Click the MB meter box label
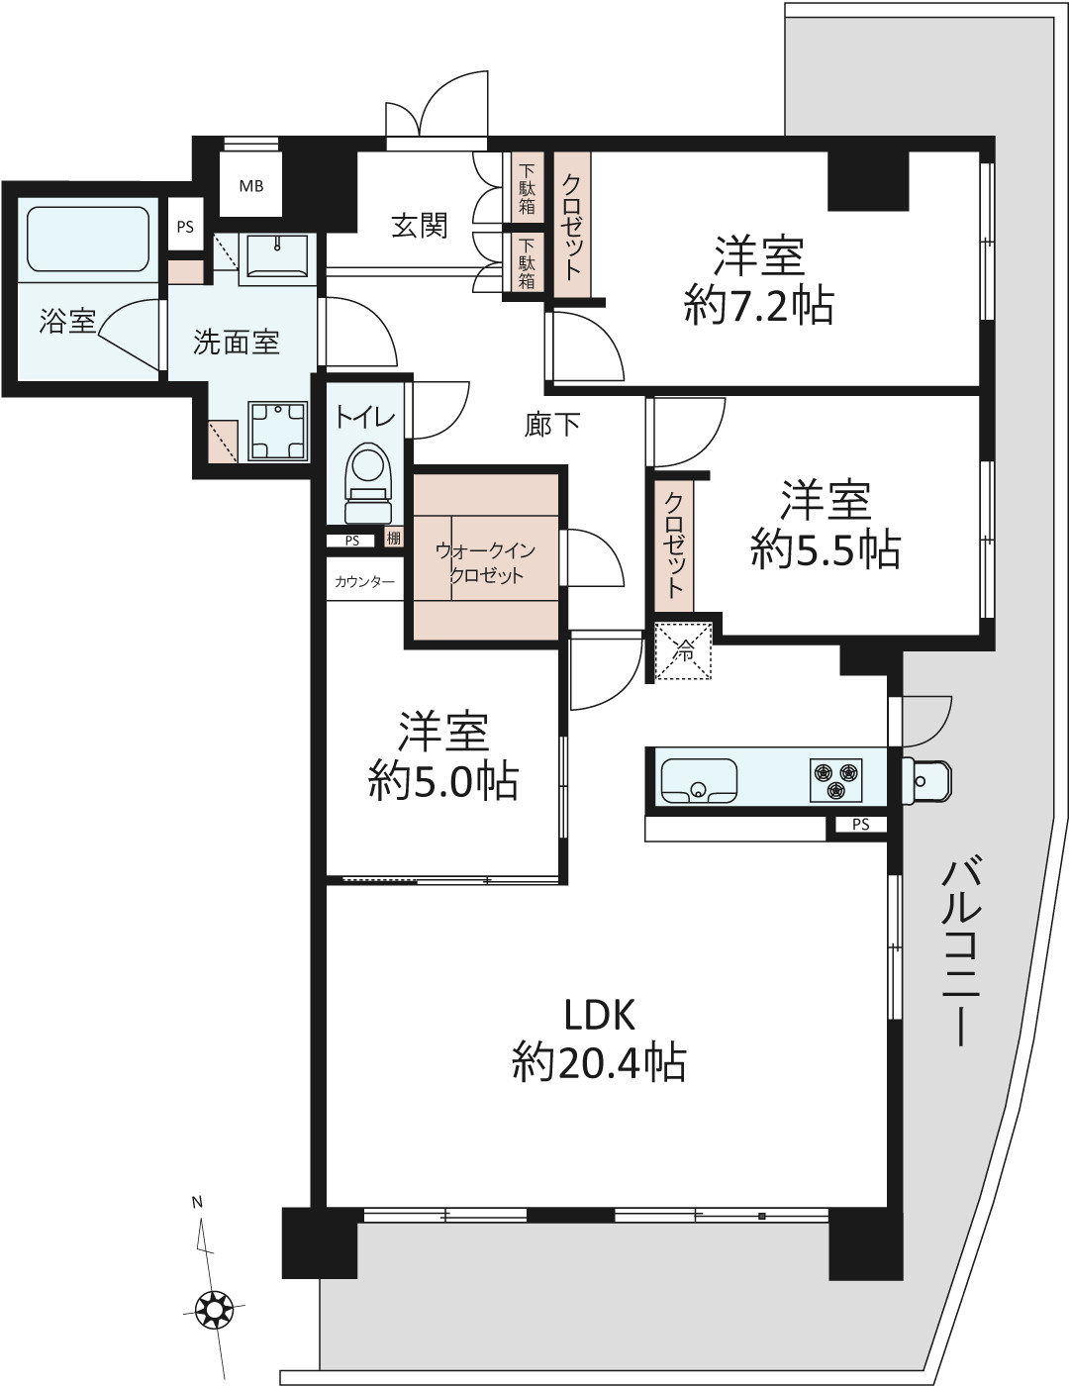tap(250, 186)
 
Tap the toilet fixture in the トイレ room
tap(367, 484)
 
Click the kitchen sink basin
tap(699, 781)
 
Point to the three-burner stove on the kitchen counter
tap(836, 780)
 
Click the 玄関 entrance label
tap(420, 226)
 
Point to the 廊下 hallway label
tap(552, 425)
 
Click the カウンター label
tap(364, 582)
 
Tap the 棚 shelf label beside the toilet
tap(394, 539)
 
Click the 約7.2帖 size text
tap(759, 306)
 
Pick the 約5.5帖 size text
tap(826, 550)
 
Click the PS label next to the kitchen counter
tap(861, 824)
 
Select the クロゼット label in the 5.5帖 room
tap(675, 545)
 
